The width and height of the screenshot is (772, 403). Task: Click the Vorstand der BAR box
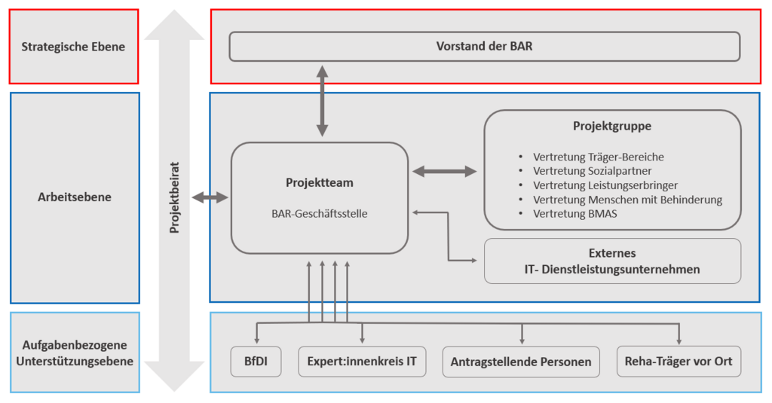[x=484, y=47]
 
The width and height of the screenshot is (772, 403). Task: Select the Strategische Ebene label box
[x=74, y=47]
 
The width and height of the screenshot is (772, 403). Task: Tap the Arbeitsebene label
[x=75, y=197]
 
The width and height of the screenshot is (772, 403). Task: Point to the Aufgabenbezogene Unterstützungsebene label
[x=75, y=353]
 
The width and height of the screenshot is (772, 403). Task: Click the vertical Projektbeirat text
[x=174, y=198]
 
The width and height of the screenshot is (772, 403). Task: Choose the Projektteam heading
[x=320, y=182]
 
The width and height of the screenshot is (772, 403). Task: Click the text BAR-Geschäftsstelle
[x=320, y=213]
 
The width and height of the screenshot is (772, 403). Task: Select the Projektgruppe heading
[x=611, y=126]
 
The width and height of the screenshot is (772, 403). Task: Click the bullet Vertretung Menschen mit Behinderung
[x=627, y=200]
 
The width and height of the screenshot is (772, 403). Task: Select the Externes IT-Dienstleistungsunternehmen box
[x=612, y=261]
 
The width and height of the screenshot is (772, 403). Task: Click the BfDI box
[x=255, y=362]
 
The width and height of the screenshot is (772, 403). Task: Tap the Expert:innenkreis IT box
[x=362, y=362]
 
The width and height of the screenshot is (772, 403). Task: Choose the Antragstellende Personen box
[x=521, y=362]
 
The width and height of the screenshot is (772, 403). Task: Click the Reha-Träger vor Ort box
[x=679, y=362]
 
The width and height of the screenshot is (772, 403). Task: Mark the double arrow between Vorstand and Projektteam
[x=323, y=101]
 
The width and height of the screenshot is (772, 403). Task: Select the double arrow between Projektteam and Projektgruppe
[x=445, y=172]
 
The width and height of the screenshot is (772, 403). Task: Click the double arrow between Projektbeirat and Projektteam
[x=210, y=197]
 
